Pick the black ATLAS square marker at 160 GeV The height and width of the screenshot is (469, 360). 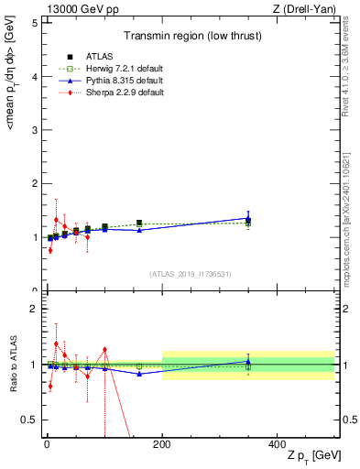pyautogui.click(x=139, y=223)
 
